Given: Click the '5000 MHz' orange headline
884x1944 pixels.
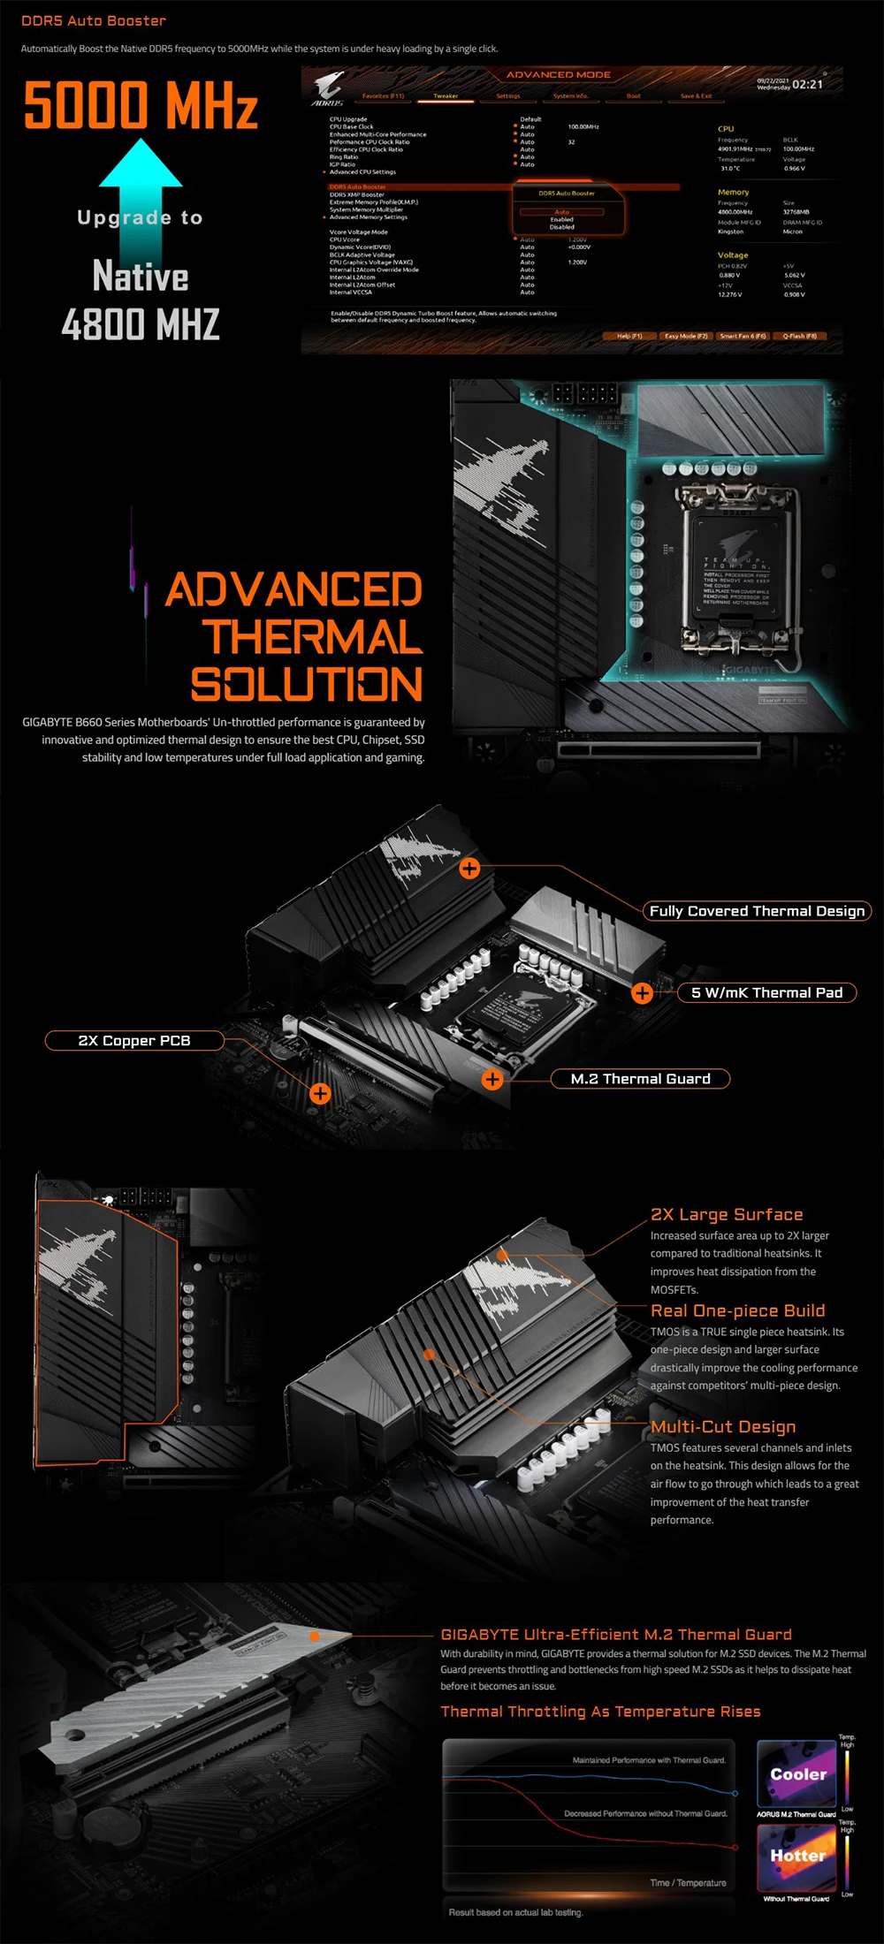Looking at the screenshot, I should [x=141, y=105].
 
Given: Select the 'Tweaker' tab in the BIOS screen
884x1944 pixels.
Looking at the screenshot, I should [x=446, y=96].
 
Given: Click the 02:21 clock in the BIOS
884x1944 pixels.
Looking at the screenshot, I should [x=807, y=85].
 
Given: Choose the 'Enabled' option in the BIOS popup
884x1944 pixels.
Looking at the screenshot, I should [x=562, y=220].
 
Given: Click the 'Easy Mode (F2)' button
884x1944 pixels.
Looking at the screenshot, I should [x=686, y=336].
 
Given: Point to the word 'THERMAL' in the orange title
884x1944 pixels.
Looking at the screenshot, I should [x=312, y=637].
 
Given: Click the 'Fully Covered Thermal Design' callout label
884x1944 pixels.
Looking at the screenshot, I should [x=757, y=911].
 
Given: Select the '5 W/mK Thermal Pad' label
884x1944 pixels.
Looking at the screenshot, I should [x=766, y=993].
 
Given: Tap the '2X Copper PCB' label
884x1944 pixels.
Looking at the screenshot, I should [x=134, y=1041].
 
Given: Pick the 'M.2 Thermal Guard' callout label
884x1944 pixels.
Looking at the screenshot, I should [x=640, y=1079].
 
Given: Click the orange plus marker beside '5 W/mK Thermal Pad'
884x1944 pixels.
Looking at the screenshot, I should [x=643, y=993].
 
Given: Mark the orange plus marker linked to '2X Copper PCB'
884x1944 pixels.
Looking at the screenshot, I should [x=320, y=1094].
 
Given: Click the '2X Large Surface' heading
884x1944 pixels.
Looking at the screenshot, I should [x=727, y=1215].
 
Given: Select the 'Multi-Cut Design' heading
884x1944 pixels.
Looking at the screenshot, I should [x=723, y=1427].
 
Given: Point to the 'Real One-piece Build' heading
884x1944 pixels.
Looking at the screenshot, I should [x=737, y=1311].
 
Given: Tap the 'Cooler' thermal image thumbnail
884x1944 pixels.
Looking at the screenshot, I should [x=796, y=1773].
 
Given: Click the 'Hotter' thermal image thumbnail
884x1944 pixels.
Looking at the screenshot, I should [x=796, y=1857].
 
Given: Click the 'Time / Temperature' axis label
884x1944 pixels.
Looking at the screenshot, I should [x=688, y=1883].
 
